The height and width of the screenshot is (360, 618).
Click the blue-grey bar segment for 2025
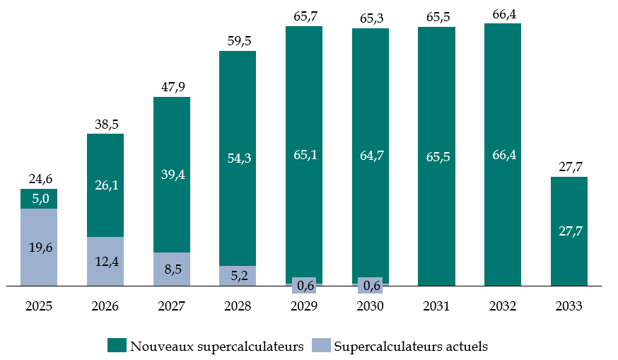click(x=39, y=248)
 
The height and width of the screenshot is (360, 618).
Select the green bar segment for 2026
click(x=105, y=185)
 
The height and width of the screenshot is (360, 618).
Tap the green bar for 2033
click(x=569, y=231)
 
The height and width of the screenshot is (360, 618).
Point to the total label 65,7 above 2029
click(x=304, y=16)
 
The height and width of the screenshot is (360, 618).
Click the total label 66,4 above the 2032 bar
click(x=503, y=12)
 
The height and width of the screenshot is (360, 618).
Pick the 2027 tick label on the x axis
click(x=172, y=306)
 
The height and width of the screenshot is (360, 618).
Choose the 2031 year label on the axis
click(x=436, y=306)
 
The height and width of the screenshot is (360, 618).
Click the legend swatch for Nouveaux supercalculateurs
click(x=117, y=346)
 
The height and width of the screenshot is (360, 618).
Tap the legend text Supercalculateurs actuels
click(x=411, y=347)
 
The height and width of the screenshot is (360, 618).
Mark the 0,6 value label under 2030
click(x=371, y=285)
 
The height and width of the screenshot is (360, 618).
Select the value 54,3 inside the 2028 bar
click(x=238, y=158)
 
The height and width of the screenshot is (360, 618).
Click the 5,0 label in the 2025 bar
click(x=39, y=199)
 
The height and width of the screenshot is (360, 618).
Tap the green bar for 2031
click(x=436, y=156)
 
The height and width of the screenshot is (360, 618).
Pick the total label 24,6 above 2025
click(x=39, y=178)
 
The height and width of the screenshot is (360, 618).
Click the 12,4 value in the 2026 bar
click(x=105, y=262)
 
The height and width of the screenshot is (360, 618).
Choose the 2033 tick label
click(x=569, y=306)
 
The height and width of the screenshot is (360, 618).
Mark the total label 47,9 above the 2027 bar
click(x=172, y=86)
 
